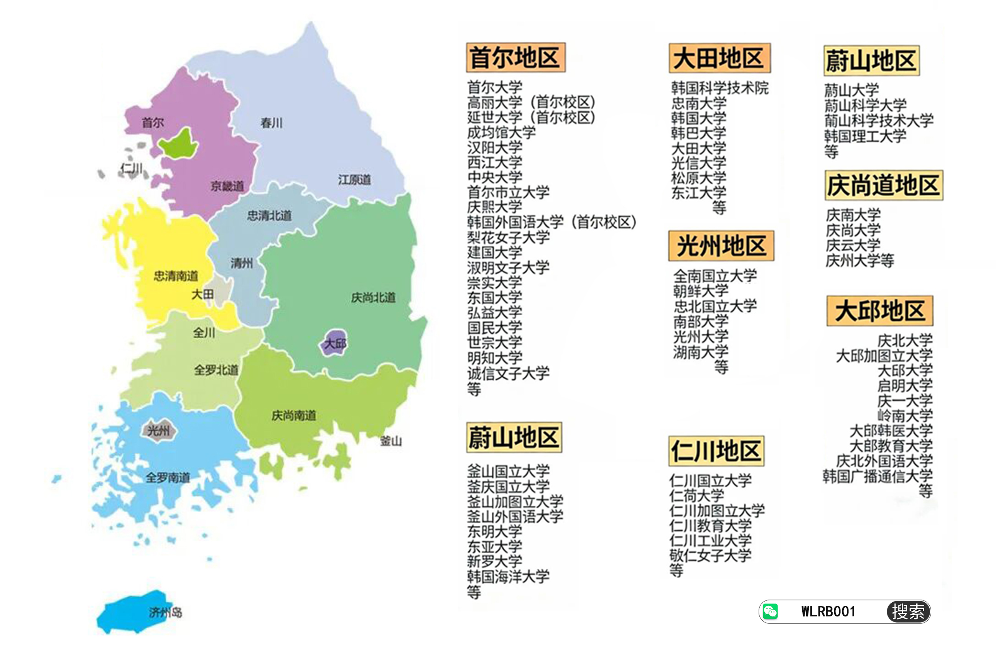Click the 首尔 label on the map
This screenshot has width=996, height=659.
coord(153,123)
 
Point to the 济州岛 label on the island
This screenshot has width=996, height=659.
coord(165,612)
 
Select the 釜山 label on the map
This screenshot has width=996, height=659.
coord(391,441)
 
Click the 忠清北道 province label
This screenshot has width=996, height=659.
coord(269,216)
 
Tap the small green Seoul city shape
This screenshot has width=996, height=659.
coord(179,144)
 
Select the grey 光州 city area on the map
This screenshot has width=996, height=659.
coord(158,430)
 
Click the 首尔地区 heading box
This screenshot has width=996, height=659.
coord(515,57)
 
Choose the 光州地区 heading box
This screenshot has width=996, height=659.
coord(721,246)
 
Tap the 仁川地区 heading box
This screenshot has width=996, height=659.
coord(716,451)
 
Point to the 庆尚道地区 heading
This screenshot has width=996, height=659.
coord(884,185)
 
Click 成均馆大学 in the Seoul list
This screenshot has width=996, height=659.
coord(501,133)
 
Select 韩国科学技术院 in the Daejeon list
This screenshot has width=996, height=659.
coord(719,88)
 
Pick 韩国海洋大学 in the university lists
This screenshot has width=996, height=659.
coord(508,576)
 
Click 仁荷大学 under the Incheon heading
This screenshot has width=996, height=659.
coord(696,495)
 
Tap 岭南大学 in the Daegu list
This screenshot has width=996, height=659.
coord(905,416)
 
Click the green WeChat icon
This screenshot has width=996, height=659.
coord(770,611)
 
